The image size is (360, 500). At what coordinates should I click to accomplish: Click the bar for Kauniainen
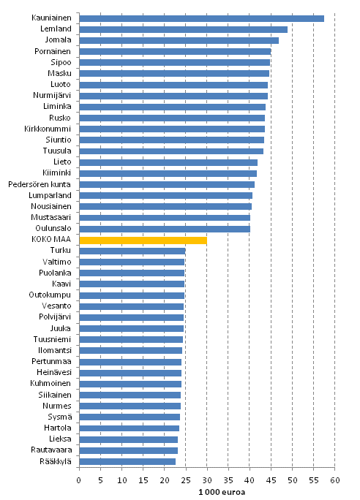(x=201, y=18)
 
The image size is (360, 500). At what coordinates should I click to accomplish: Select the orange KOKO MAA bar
(x=143, y=240)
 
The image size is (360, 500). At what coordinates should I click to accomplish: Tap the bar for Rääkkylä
(x=127, y=461)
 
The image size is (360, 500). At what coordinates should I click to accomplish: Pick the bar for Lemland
(x=183, y=29)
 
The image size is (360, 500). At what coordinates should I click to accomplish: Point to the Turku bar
(x=132, y=251)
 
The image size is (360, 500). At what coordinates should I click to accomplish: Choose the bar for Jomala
(x=179, y=40)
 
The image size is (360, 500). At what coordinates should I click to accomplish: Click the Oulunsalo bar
(x=164, y=229)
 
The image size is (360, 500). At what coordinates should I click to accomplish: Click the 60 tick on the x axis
(x=335, y=480)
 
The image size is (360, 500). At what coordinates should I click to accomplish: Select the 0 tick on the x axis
(x=79, y=480)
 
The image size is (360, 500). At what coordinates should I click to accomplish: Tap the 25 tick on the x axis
(x=186, y=480)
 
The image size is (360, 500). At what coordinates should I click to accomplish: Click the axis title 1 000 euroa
(x=207, y=492)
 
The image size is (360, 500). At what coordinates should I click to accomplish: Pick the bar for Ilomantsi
(x=130, y=350)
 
